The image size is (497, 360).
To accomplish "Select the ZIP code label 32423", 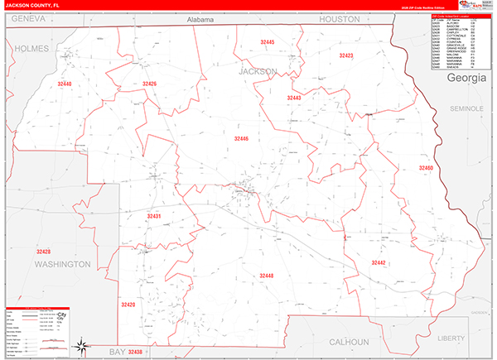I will [x=346, y=55].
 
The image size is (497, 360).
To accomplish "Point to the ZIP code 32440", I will [x=65, y=84].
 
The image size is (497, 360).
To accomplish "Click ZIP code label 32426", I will [x=149, y=84].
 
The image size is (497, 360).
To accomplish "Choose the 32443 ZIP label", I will [x=294, y=98].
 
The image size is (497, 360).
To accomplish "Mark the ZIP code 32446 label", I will [x=241, y=138].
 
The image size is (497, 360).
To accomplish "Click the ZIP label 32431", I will [x=154, y=216].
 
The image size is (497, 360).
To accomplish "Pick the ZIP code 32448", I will [x=266, y=276].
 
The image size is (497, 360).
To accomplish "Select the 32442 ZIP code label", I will [x=379, y=262].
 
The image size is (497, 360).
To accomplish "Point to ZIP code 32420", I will [x=128, y=305].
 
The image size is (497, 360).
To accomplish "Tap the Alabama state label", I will [x=200, y=19].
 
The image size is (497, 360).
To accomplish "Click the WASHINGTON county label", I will [x=62, y=264].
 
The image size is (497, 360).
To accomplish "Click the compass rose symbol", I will [x=80, y=346].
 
